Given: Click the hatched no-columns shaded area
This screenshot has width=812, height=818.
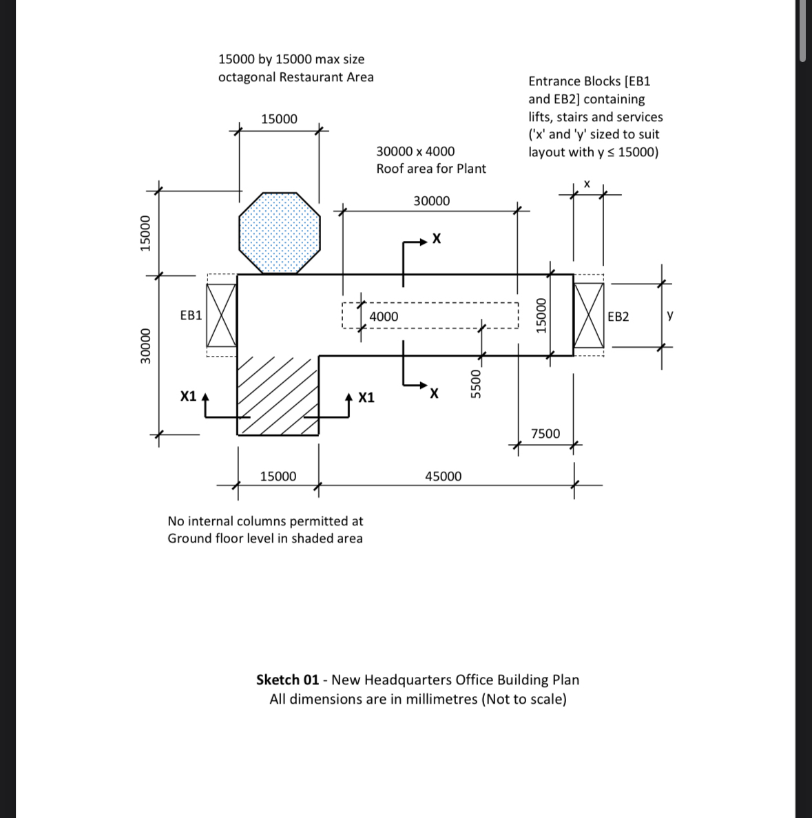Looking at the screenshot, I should click(x=278, y=395).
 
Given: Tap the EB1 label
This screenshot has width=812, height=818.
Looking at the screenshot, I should click(x=191, y=315).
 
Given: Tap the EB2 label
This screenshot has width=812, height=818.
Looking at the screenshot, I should click(x=618, y=317).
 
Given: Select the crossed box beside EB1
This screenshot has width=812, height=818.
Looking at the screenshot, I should click(x=222, y=315).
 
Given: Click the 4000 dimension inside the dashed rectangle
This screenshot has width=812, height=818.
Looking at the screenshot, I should click(x=384, y=316).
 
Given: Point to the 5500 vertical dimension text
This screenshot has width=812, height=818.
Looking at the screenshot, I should click(x=475, y=383).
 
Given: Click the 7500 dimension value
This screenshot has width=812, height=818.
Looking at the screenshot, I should click(x=545, y=434).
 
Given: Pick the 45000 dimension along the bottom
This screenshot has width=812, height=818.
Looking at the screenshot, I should click(x=443, y=476).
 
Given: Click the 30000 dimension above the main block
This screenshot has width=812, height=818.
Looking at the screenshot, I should click(x=431, y=201).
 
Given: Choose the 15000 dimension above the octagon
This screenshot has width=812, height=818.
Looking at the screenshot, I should click(x=279, y=119).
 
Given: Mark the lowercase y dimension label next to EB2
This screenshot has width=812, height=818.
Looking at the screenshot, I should click(x=670, y=315).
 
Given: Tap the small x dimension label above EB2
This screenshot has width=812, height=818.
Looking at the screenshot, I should click(x=587, y=184).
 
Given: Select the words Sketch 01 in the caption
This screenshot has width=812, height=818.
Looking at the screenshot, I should click(x=287, y=680).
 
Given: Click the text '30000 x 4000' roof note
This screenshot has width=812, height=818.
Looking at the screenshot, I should click(x=415, y=151).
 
